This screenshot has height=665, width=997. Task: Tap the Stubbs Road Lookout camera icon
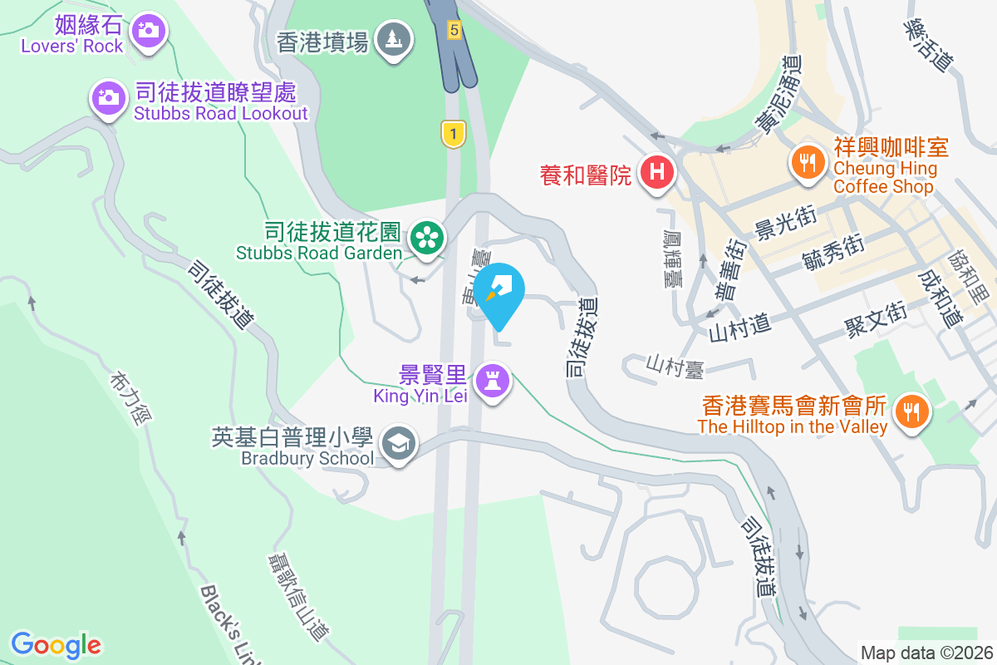107,98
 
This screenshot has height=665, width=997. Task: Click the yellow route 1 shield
453,133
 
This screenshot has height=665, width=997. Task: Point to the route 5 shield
453,30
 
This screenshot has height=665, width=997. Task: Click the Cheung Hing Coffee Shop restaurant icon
806,158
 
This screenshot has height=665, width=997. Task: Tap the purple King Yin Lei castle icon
494,382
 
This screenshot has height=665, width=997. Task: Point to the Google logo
56,645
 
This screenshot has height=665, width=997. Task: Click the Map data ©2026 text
927,653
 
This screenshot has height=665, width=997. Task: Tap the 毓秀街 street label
833,253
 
